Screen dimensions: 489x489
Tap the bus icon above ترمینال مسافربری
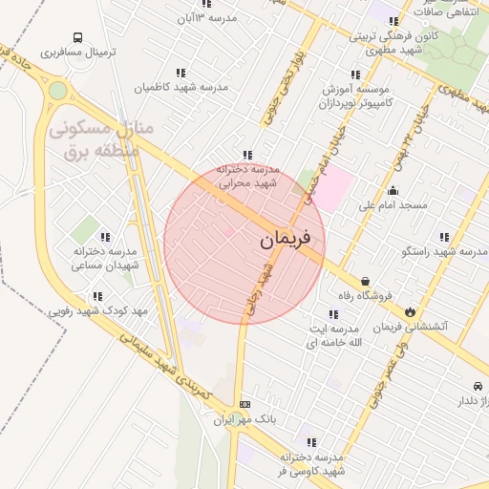(77, 39)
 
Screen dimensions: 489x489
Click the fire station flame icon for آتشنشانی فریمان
(410, 310)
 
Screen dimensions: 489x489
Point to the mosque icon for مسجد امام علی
(393, 190)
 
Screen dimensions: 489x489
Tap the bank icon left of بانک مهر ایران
(245, 404)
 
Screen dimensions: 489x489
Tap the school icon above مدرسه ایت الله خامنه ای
(332, 314)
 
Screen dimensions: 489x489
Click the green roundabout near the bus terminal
(58, 91)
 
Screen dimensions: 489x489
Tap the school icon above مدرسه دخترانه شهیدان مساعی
(105, 237)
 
